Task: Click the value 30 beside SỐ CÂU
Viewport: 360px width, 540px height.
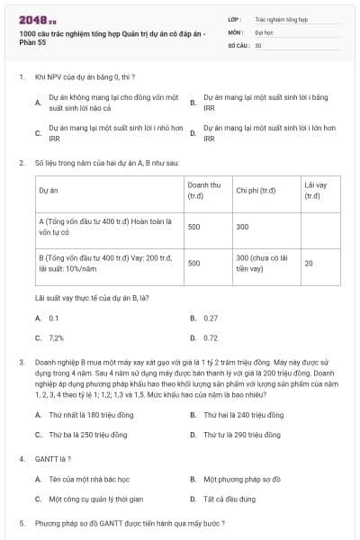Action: click(258, 44)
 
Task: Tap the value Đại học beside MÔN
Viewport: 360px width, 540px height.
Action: click(264, 31)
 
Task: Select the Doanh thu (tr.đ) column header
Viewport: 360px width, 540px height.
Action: click(201, 190)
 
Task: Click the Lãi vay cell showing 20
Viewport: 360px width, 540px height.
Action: click(309, 264)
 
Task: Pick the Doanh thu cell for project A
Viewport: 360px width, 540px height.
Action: click(193, 227)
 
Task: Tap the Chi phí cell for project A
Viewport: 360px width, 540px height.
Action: click(242, 227)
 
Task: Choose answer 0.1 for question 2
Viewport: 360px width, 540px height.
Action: click(54, 318)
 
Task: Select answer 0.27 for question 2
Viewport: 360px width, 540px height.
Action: click(211, 318)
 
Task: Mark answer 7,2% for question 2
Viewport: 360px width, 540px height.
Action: click(56, 337)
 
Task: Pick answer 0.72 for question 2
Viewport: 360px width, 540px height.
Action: click(211, 337)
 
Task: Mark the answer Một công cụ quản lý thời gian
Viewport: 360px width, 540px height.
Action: click(94, 499)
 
